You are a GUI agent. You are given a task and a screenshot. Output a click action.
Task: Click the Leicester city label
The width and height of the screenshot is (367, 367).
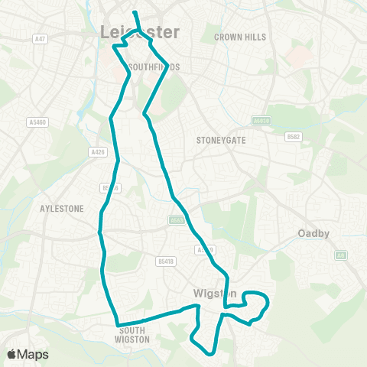(x=140, y=32)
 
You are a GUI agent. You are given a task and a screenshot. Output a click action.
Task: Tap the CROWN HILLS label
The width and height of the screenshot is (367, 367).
(x=239, y=37)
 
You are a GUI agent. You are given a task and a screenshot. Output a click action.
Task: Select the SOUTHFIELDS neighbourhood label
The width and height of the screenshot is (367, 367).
(x=154, y=67)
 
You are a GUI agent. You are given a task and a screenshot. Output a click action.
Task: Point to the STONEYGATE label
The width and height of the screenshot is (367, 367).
(x=219, y=140)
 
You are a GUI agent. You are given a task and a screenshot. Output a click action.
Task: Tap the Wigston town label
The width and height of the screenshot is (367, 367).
(x=208, y=293)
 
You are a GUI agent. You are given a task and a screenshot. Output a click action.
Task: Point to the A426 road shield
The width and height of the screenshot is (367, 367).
(x=98, y=151)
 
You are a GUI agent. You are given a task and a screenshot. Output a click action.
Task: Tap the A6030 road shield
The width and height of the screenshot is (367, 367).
(x=261, y=121)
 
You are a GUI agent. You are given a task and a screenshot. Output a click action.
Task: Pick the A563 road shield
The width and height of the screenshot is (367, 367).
(x=175, y=219)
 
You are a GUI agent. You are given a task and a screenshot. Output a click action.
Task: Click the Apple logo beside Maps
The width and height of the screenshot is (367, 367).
(x=11, y=354)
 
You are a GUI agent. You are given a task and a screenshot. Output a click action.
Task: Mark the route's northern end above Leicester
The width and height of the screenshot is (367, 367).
(x=135, y=13)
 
